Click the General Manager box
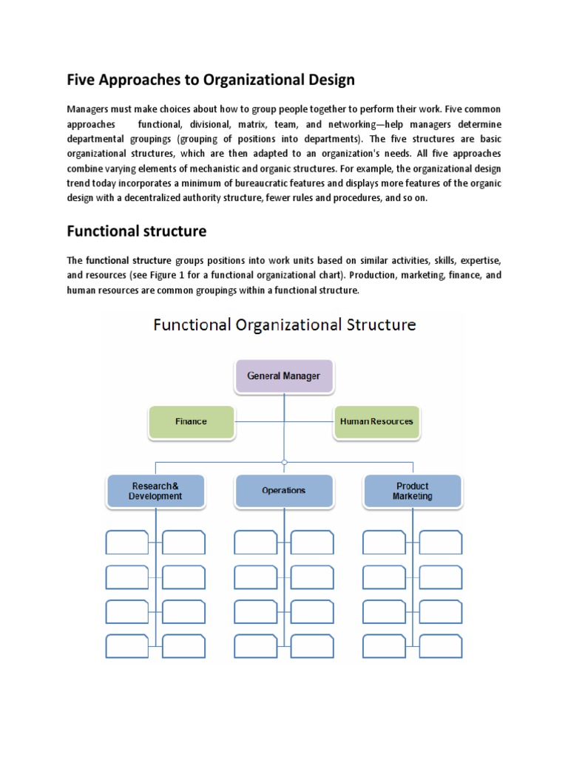pos(284,376)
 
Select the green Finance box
pos(191,421)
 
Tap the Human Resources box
pos(376,421)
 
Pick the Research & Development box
pos(155,491)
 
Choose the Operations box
pos(283,490)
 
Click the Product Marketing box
pos(412,491)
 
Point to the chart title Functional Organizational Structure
pos(284,325)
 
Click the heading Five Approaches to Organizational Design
pos(211,79)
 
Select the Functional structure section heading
pos(136,231)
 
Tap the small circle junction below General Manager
pos(284,462)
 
